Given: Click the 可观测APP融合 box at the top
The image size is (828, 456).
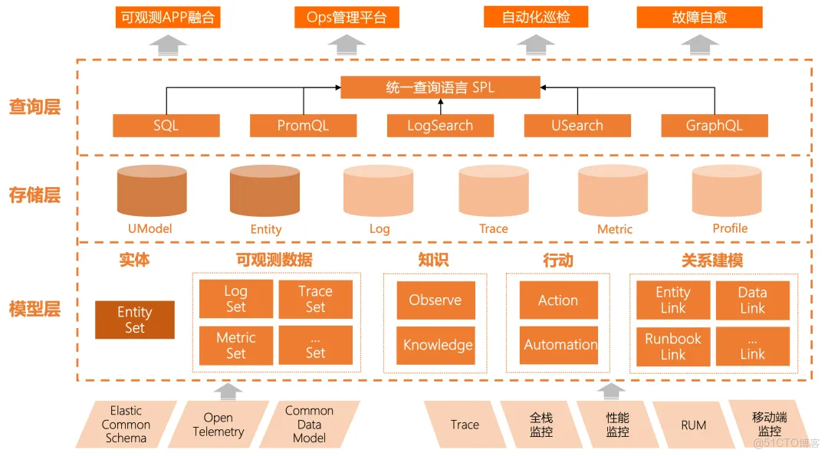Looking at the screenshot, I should (168, 17).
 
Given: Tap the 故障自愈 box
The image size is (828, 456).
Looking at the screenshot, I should (699, 17).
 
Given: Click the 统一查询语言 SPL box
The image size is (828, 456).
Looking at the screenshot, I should (440, 87).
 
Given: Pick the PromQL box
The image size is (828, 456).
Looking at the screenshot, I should (303, 126).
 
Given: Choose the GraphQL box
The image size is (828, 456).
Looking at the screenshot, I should (714, 126).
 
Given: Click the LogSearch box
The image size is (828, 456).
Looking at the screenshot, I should (440, 126).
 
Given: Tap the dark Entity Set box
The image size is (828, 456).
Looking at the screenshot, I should (135, 320).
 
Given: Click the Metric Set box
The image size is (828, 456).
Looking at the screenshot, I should (235, 345).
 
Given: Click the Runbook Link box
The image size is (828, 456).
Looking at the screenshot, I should (673, 346).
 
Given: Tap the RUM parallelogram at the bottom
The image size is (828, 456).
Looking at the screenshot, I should (693, 425).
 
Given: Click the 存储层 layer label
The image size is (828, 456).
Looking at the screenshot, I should (34, 195).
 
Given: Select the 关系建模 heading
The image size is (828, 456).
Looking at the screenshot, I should (712, 261).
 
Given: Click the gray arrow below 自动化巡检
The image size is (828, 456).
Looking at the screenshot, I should (535, 44).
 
